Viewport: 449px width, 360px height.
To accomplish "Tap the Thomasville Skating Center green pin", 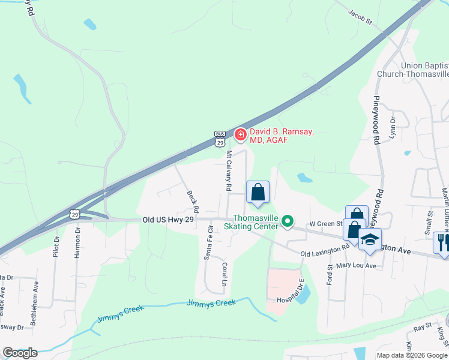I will [288, 222].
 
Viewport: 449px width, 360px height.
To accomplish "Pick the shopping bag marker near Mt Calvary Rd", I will [258, 193].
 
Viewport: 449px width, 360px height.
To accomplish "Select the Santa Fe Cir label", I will [209, 242].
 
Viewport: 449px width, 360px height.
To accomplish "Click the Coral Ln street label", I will [225, 272].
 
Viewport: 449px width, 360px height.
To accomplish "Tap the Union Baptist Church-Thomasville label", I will [413, 70].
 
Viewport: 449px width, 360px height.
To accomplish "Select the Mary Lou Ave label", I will [356, 265].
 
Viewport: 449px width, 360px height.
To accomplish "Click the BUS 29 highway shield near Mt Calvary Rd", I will [220, 139].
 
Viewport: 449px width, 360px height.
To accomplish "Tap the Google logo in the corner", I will [20, 352].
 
